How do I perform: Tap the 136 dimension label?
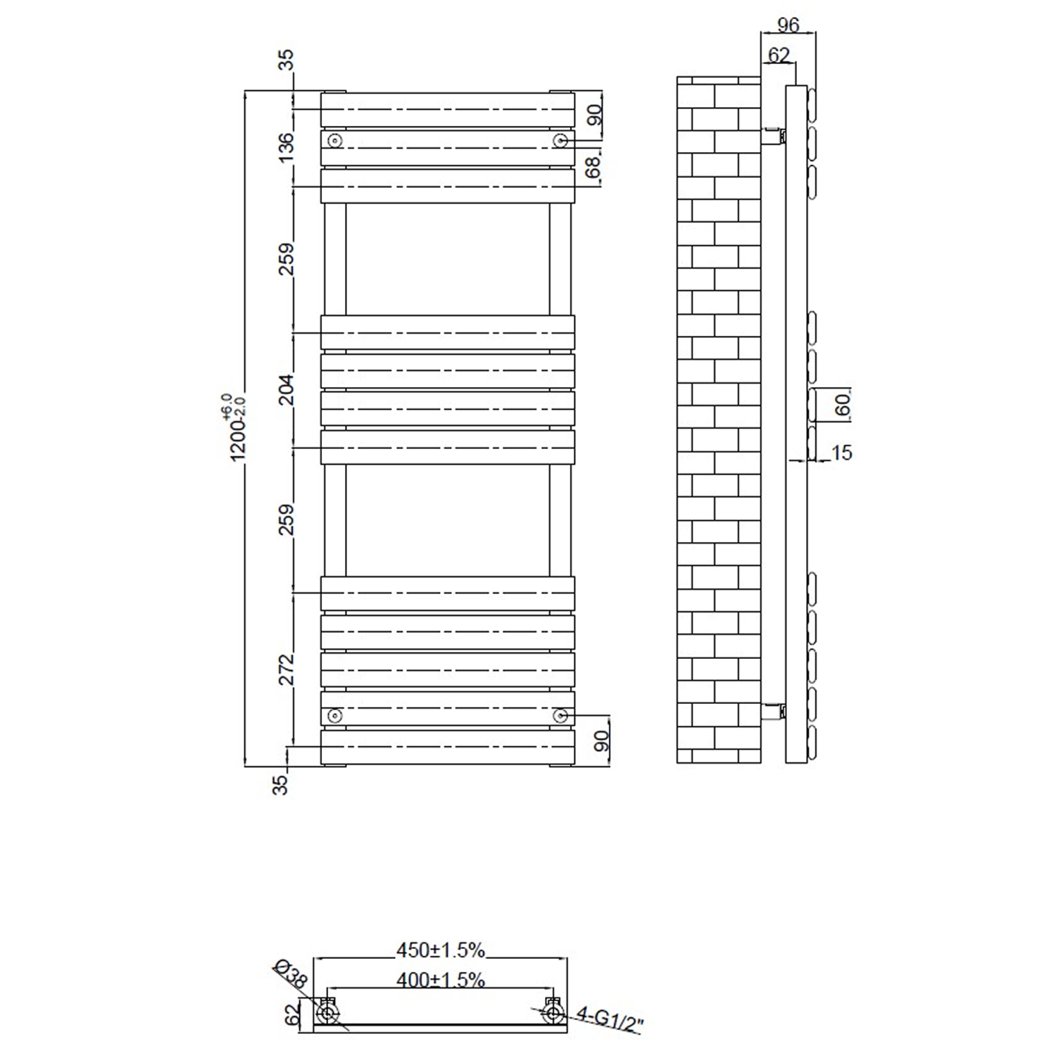point(287,147)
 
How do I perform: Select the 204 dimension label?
point(287,389)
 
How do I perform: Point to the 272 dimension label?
point(287,669)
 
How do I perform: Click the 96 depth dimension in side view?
point(788,25)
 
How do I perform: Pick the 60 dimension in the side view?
point(843,404)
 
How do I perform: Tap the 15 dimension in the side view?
point(842,453)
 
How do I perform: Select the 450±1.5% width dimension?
point(440,950)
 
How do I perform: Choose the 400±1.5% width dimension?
point(440,979)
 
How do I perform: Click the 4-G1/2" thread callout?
point(610,1020)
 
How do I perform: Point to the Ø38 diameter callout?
point(289,974)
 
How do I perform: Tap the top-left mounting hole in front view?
point(335,141)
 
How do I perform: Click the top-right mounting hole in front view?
point(560,141)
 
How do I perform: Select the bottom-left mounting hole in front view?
point(335,716)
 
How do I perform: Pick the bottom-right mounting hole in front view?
point(560,716)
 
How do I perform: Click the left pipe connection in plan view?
point(327,1013)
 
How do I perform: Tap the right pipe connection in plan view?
point(553,1013)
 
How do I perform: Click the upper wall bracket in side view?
point(774,135)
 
